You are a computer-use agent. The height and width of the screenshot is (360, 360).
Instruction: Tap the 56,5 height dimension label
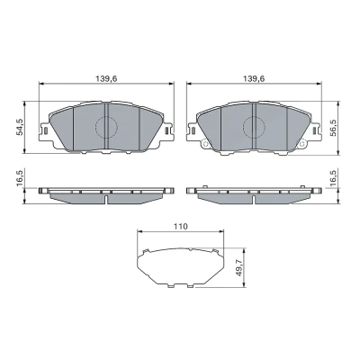333,128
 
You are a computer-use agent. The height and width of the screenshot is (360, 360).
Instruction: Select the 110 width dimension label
181,226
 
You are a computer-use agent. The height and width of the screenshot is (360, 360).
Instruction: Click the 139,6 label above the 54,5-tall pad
106,78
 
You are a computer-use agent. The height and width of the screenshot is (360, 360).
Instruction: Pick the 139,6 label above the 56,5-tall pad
254,78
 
